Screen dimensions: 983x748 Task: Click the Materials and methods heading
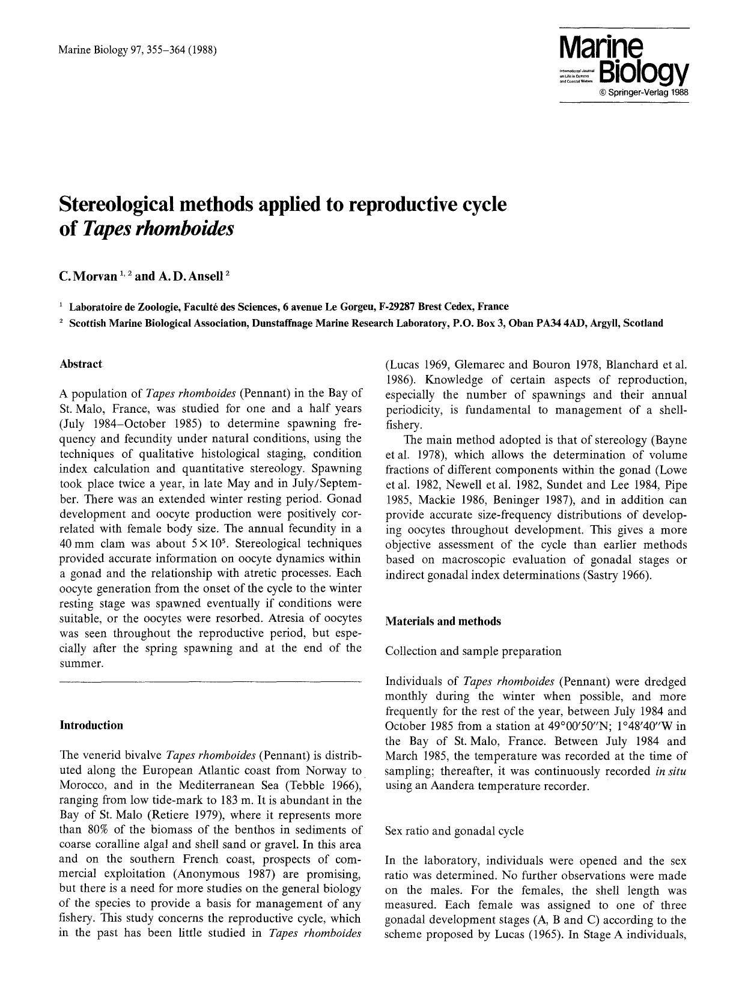coord(443,621)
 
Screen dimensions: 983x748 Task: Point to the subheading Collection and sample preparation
coord(473,651)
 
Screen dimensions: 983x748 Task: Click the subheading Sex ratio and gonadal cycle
coord(454,831)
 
